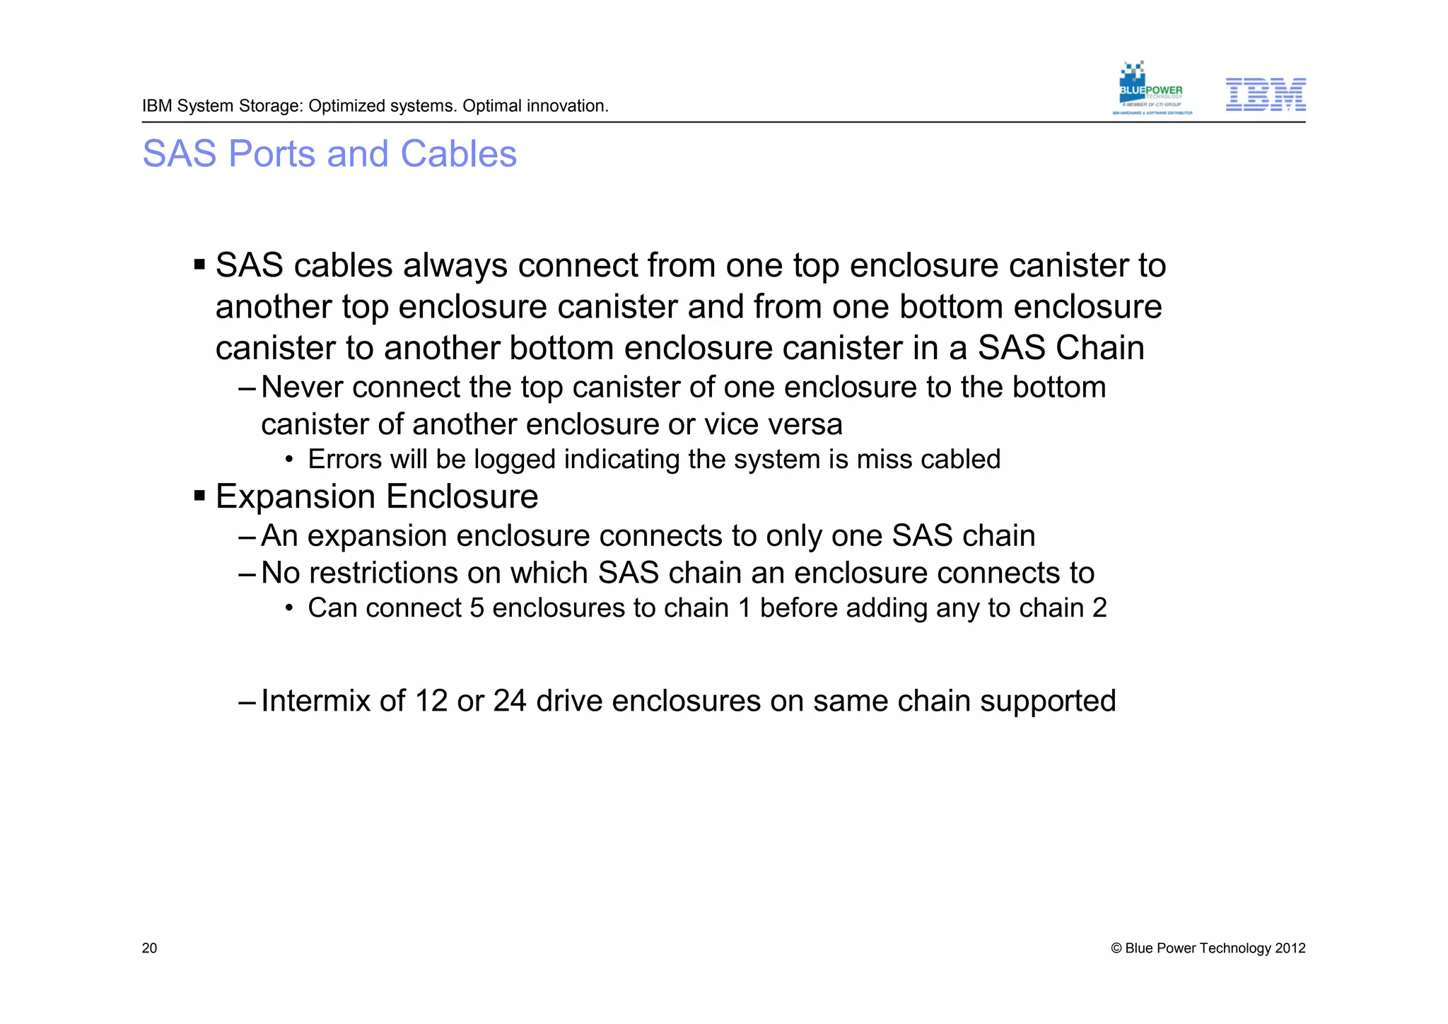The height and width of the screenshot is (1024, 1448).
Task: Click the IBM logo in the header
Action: pyautogui.click(x=1265, y=95)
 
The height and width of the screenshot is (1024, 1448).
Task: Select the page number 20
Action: pyautogui.click(x=149, y=948)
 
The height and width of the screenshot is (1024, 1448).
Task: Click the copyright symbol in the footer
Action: pyautogui.click(x=1116, y=949)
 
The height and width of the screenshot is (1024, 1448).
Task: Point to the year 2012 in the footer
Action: pyautogui.click(x=1290, y=948)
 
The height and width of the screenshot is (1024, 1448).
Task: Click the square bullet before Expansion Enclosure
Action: pyautogui.click(x=199, y=496)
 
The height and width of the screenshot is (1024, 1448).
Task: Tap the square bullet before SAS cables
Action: pyautogui.click(x=199, y=265)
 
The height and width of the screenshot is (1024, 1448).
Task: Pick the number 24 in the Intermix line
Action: pyautogui.click(x=510, y=701)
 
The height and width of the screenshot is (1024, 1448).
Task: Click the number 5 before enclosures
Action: pyautogui.click(x=477, y=608)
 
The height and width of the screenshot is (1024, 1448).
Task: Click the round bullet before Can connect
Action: pyautogui.click(x=288, y=609)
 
